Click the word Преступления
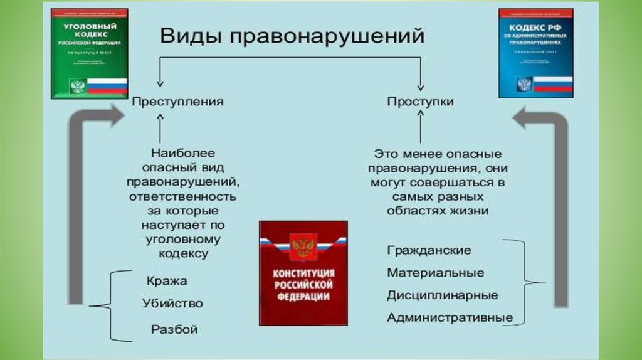[177, 101]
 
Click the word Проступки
[420, 101]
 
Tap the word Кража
[167, 281]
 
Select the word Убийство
[172, 304]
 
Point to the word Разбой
[174, 329]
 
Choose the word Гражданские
[429, 250]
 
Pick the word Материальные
[435, 273]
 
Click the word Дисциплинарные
[443, 295]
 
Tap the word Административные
[450, 317]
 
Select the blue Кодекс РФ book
[535, 53]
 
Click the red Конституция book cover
[303, 272]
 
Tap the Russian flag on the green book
[107, 86]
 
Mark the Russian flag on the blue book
[552, 84]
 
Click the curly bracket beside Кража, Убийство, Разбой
[107, 306]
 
